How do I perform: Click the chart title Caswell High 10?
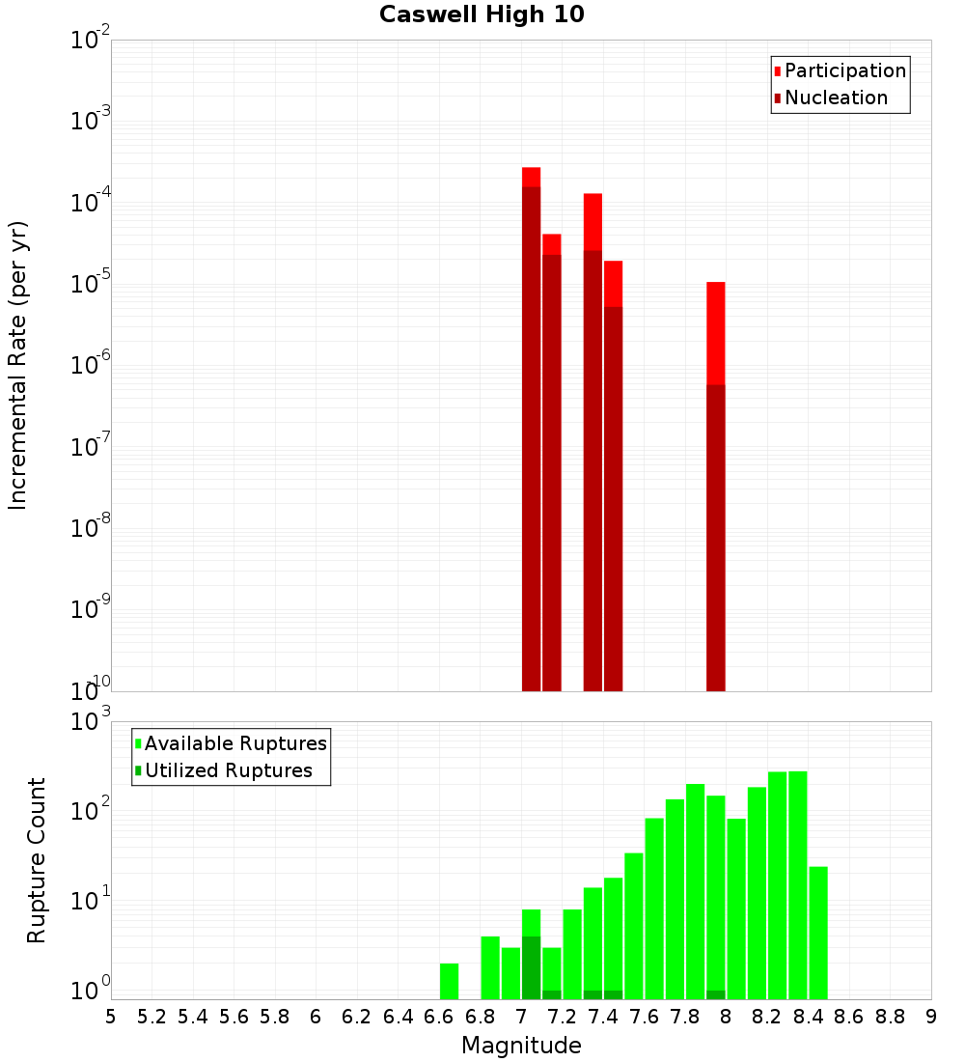click(482, 14)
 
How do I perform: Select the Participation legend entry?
click(844, 70)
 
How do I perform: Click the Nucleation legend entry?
click(836, 98)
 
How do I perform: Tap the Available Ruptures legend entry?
click(234, 743)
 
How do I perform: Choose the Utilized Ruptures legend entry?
click(228, 770)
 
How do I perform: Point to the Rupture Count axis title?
click(37, 860)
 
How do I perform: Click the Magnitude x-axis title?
click(521, 1045)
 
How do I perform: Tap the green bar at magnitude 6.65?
click(449, 981)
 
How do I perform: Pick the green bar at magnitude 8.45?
click(818, 933)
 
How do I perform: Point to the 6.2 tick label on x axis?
click(357, 1017)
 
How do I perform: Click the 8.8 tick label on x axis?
click(890, 1017)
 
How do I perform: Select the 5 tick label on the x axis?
click(111, 1017)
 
